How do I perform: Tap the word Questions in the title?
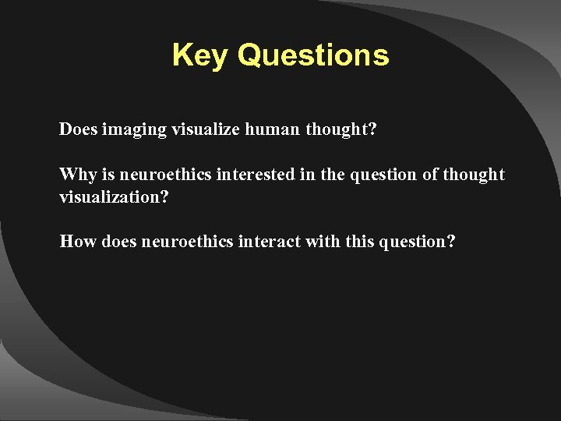313,55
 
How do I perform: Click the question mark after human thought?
372,129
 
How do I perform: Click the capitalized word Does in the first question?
78,129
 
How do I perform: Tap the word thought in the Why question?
474,175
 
